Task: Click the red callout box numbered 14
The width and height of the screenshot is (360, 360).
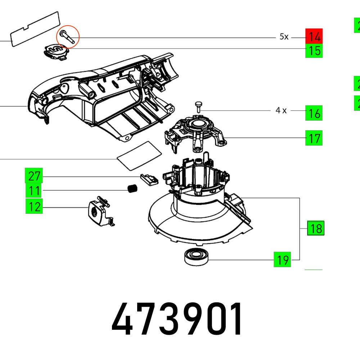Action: point(314,36)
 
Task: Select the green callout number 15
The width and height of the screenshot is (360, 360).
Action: point(314,51)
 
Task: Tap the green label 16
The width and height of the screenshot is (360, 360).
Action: point(314,113)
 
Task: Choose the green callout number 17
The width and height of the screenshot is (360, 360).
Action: point(314,138)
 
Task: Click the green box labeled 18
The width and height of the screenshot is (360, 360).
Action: point(315,228)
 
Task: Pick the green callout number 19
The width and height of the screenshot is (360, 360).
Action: point(282,259)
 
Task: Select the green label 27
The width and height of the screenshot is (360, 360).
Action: point(34,176)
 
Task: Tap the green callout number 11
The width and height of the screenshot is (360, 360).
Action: point(34,190)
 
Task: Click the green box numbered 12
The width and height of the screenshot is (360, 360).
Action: point(34,207)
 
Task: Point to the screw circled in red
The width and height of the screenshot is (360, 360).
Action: point(68,37)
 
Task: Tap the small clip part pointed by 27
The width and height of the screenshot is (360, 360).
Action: point(148,179)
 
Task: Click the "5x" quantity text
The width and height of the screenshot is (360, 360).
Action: point(284,37)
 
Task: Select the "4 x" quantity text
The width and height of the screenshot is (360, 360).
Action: point(281,111)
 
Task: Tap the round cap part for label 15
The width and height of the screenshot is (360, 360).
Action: point(55,51)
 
